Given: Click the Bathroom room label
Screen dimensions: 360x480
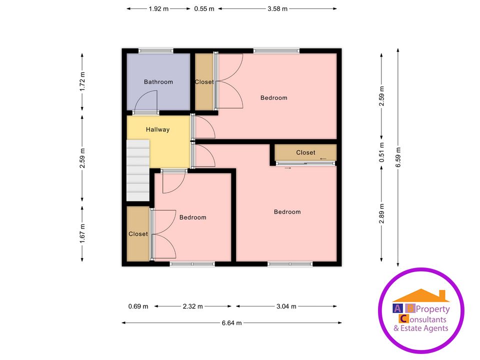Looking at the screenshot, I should pos(158,82).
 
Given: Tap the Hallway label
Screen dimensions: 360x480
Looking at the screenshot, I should pos(157,129).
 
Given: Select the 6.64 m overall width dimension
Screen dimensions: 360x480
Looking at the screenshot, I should pos(231,323).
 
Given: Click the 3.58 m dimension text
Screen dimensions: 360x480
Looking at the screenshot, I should pos(277,8).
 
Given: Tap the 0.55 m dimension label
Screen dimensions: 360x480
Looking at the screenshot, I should pos(204,8).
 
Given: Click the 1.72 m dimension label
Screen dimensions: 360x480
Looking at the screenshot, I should pos(82,81).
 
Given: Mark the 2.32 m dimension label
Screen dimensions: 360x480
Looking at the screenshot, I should pos(193,306).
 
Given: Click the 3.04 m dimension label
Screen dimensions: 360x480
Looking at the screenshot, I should pos(286,306).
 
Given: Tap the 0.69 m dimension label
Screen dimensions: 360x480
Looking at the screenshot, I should pos(138,306).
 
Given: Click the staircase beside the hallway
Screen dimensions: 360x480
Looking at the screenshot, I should pos(138,170).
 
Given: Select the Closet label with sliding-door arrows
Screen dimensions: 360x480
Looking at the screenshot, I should pos(305,152).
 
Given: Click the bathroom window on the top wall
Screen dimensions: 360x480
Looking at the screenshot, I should pos(156,50).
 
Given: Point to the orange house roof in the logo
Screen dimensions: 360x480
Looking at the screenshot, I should pos(421,295).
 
